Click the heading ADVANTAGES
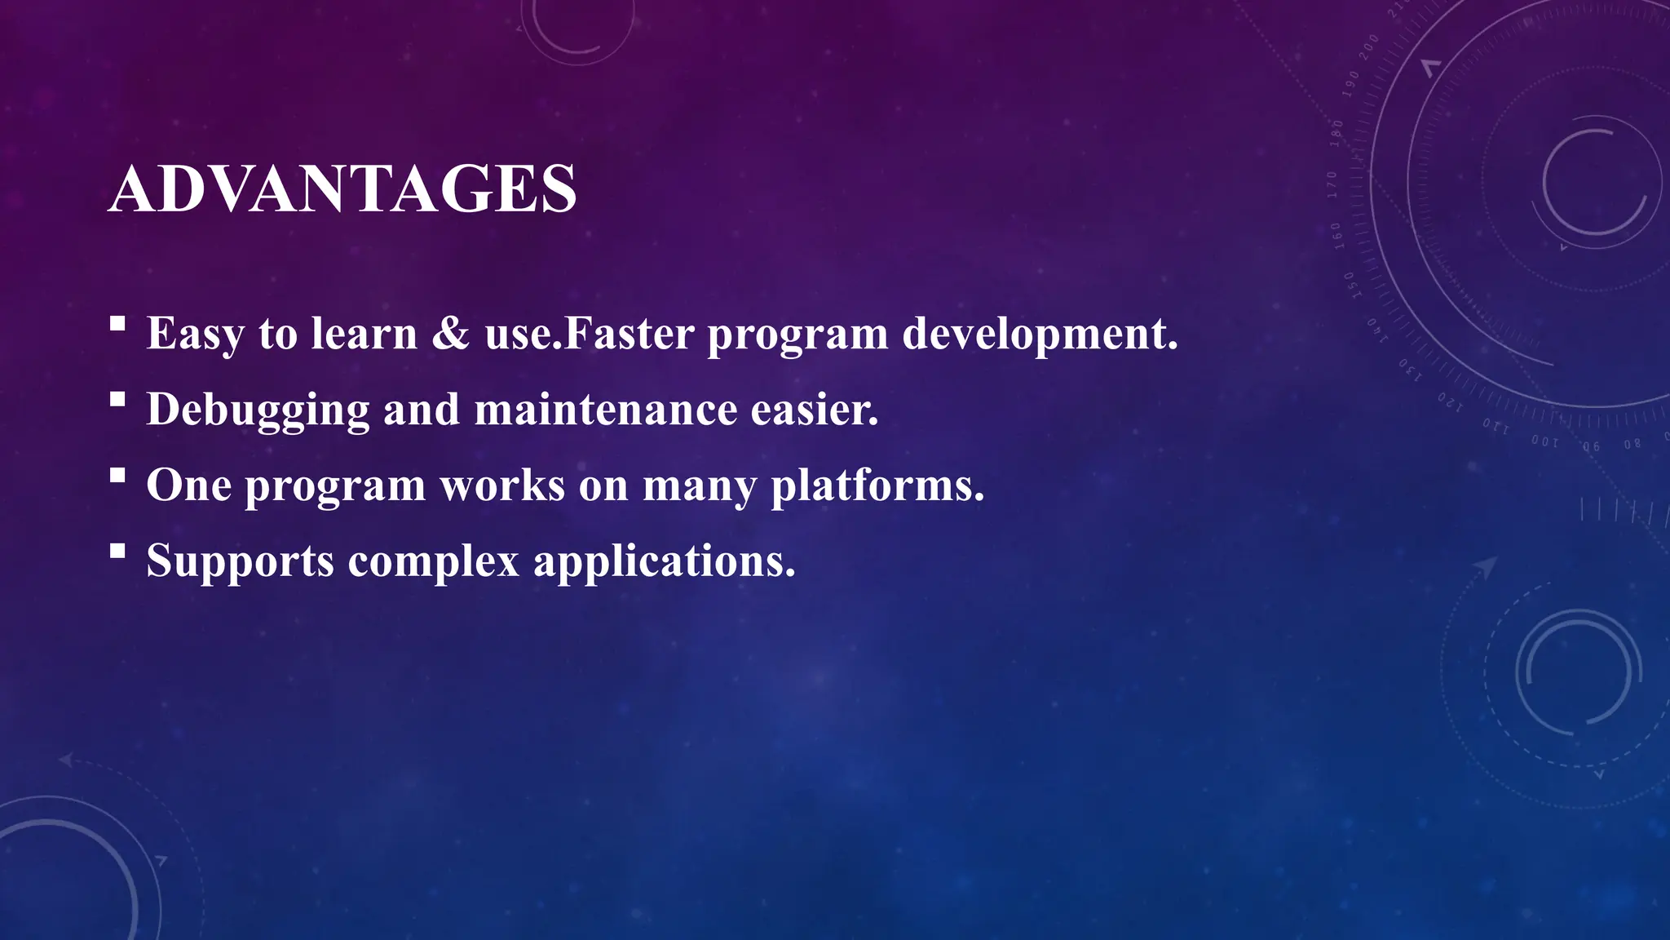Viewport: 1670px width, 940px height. pyautogui.click(x=342, y=189)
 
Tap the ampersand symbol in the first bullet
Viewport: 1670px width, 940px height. pyautogui.click(x=450, y=334)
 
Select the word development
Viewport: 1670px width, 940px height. pyautogui.click(x=1040, y=334)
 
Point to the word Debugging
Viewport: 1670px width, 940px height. pyautogui.click(x=258, y=410)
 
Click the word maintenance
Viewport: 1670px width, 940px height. pyautogui.click(x=605, y=410)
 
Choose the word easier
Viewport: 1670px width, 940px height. pyautogui.click(x=814, y=410)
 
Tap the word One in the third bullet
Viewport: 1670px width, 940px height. pyautogui.click(x=188, y=486)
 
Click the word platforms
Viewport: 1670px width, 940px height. pyautogui.click(x=877, y=486)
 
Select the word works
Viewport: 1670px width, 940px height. pyautogui.click(x=502, y=486)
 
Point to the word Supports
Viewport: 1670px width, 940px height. pyautogui.click(x=240, y=561)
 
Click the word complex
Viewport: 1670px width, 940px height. pyautogui.click(x=434, y=561)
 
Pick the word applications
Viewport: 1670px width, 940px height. pyautogui.click(x=664, y=561)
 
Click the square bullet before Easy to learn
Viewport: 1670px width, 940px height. pyautogui.click(x=117, y=324)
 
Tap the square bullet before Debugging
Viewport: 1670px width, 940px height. pyautogui.click(x=117, y=400)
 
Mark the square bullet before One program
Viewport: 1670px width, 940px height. pyautogui.click(x=117, y=476)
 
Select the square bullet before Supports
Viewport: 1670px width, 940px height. pyautogui.click(x=117, y=552)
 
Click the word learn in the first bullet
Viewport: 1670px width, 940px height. pyautogui.click(x=364, y=334)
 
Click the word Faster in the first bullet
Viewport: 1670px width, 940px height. pyautogui.click(x=629, y=334)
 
